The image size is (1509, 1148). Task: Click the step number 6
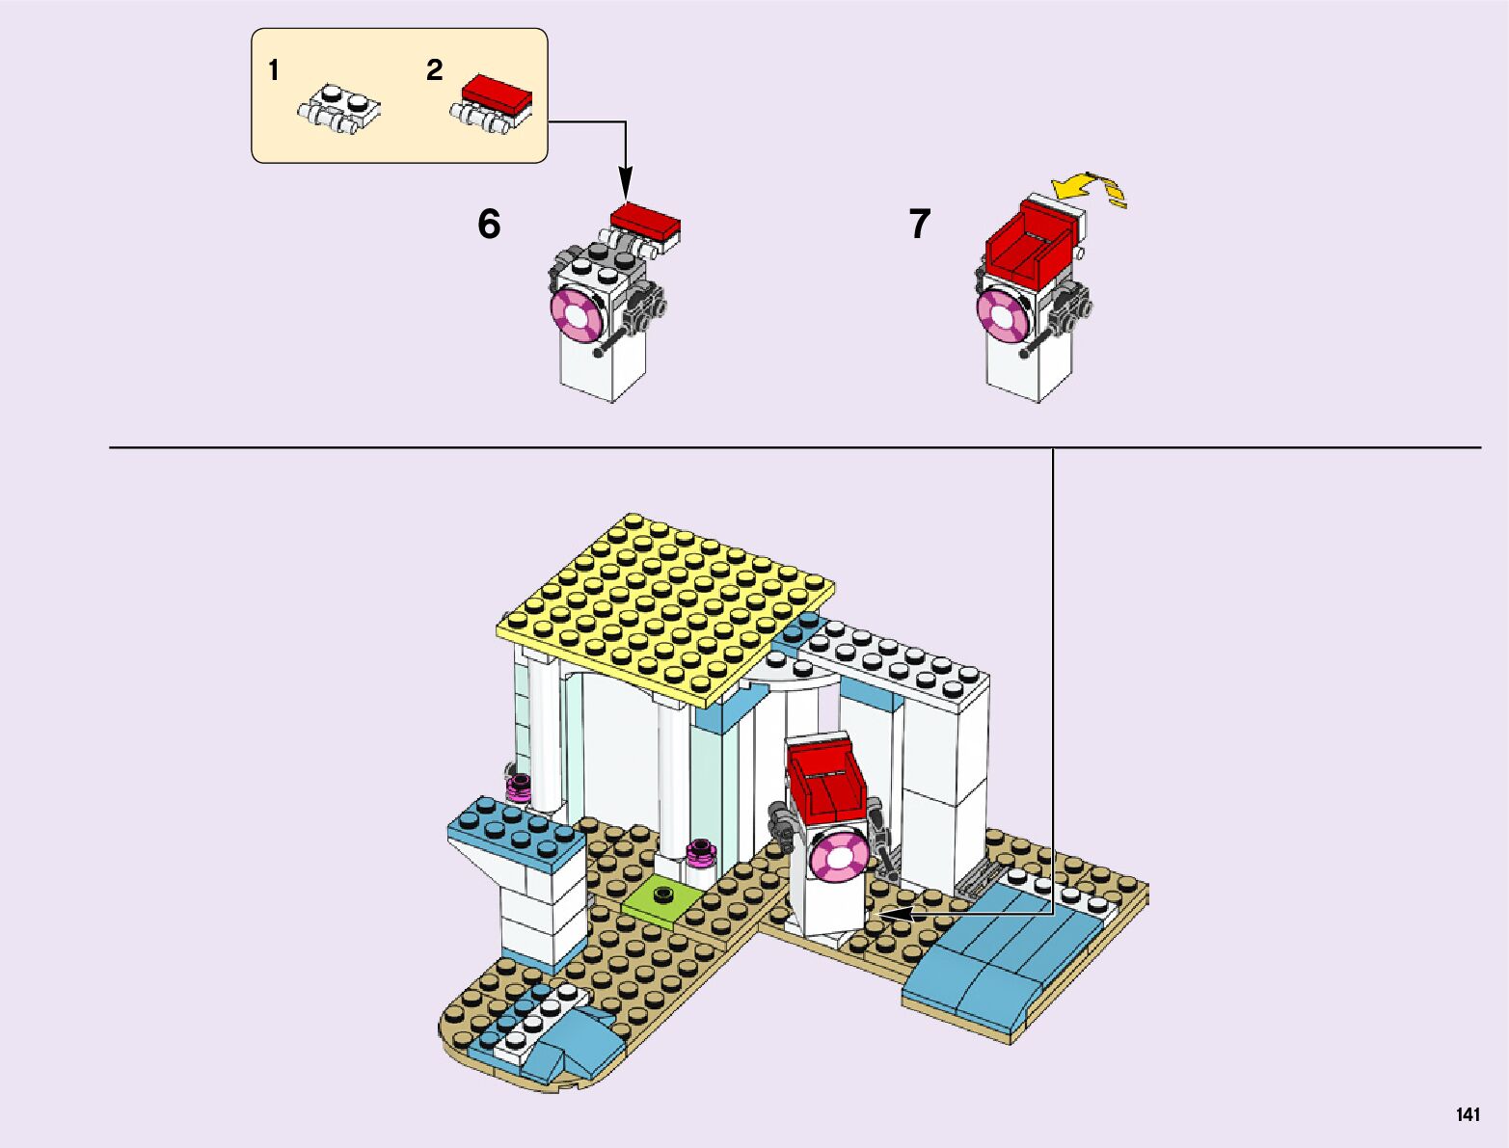489,225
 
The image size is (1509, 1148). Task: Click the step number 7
920,225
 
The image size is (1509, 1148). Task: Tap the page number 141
1468,1115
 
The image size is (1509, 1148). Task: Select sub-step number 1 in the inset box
274,70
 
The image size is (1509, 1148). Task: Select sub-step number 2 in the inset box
435,70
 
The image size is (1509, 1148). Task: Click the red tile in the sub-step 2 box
498,93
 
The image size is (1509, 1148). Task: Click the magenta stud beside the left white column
520,786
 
